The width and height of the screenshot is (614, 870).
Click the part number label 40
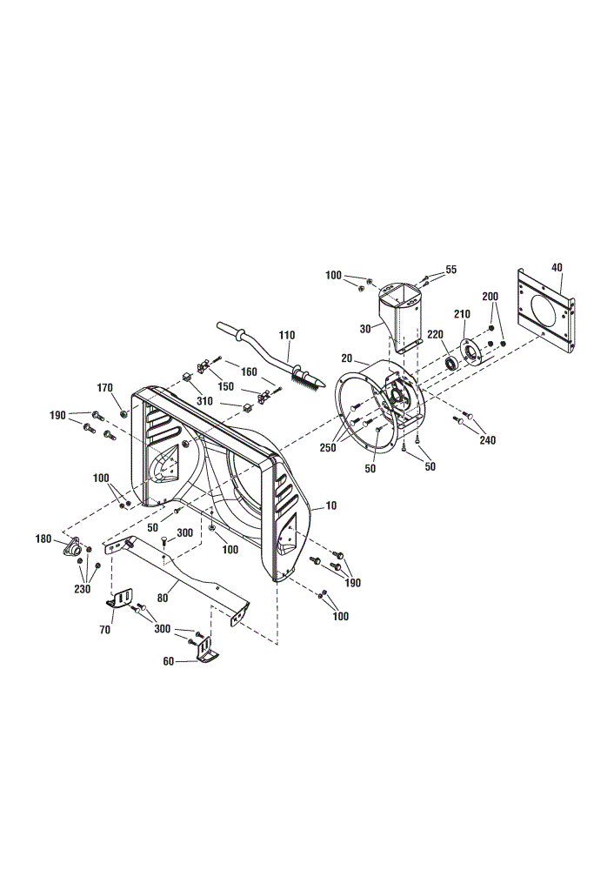click(557, 267)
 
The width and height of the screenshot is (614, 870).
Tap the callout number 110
click(287, 335)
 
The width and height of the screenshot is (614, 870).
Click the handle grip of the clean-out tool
click(229, 329)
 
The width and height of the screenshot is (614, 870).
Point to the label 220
click(436, 335)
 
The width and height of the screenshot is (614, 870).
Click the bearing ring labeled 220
click(451, 365)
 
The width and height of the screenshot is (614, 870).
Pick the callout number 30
click(365, 329)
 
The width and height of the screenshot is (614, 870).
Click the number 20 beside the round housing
click(347, 358)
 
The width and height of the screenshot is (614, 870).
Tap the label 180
click(43, 539)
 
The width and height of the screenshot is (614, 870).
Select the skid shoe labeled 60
click(206, 650)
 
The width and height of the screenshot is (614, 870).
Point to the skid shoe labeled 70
click(120, 599)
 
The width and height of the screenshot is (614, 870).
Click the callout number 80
click(163, 599)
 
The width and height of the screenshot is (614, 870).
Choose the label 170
click(105, 388)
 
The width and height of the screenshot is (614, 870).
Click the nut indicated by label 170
click(124, 413)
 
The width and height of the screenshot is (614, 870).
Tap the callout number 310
click(204, 400)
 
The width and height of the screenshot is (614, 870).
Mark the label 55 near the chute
click(450, 270)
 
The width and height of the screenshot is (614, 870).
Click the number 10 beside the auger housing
click(331, 505)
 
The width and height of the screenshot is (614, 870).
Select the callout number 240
click(488, 440)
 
